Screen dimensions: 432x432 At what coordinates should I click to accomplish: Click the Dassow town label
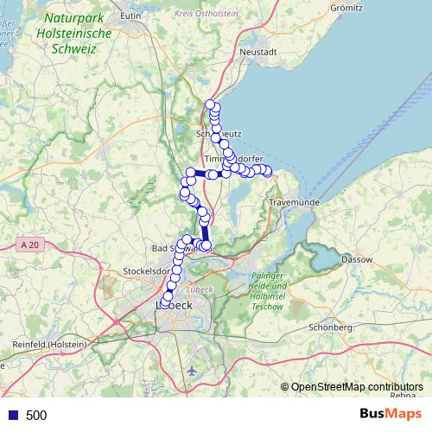(357, 258)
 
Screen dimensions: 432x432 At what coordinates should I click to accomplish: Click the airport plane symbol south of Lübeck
(191, 371)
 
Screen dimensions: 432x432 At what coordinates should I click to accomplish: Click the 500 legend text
(36, 416)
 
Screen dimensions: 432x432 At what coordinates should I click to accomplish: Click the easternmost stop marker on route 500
(267, 171)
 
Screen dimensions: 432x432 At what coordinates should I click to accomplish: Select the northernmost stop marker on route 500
(210, 105)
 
